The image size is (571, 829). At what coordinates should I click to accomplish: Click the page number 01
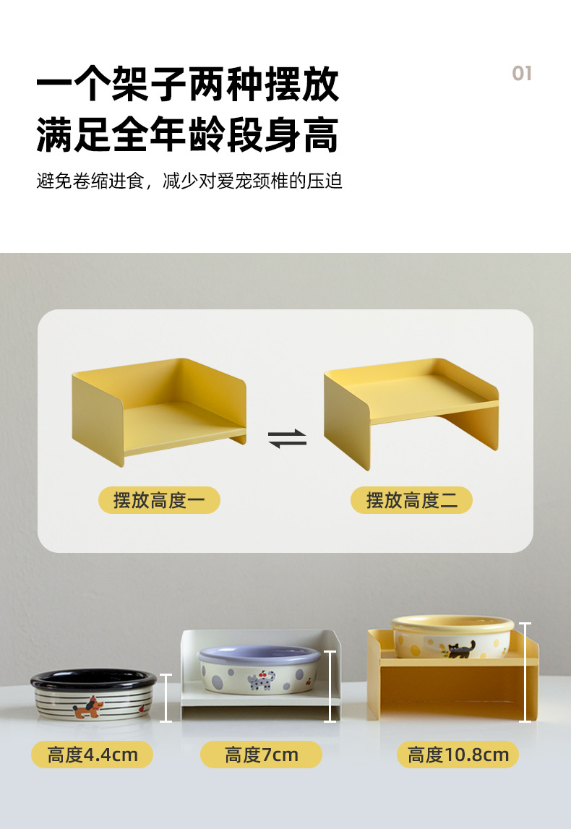point(521,73)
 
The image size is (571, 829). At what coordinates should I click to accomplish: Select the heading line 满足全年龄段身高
point(187,135)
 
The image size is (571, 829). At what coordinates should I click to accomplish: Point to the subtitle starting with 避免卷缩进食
point(189,181)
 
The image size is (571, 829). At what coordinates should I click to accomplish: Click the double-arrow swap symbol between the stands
point(287,439)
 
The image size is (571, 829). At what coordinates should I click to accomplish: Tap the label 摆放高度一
point(159,500)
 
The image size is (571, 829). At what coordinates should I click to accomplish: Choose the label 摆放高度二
point(411,500)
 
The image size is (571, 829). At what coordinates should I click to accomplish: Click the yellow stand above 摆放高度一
point(159,408)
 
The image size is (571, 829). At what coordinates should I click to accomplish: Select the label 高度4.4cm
point(92,755)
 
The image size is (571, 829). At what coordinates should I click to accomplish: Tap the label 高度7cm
point(261,755)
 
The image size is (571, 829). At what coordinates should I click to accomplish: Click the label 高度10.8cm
point(458,755)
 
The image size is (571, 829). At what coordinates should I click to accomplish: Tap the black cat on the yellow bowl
point(460,648)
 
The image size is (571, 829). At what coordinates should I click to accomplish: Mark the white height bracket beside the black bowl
point(166,697)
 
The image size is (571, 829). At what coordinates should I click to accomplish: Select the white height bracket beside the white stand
point(331,686)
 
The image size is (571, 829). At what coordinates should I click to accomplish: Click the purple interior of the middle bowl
point(258,654)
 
